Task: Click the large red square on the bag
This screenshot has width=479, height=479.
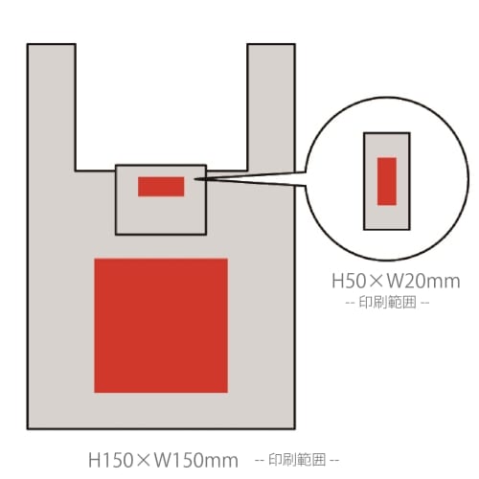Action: click(x=161, y=326)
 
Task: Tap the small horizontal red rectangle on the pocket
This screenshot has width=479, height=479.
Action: click(x=161, y=187)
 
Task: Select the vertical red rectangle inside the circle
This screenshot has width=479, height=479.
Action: click(x=387, y=181)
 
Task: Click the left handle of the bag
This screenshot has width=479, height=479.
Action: click(x=52, y=107)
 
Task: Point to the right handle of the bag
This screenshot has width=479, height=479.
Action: click(x=271, y=107)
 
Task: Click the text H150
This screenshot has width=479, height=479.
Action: click(x=110, y=460)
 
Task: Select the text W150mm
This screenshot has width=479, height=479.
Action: click(x=196, y=460)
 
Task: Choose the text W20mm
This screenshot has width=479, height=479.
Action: click(x=423, y=281)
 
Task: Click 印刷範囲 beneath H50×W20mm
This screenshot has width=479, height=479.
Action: click(x=388, y=302)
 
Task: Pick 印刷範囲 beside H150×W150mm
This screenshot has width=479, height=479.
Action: click(x=297, y=460)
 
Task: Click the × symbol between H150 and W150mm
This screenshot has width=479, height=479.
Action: click(x=144, y=461)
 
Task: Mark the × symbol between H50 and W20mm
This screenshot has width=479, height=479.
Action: click(x=376, y=282)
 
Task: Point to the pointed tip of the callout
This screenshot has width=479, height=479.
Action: click(x=194, y=179)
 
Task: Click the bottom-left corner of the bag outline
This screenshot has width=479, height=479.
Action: click(x=28, y=428)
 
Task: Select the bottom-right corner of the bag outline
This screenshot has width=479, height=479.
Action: click(x=295, y=428)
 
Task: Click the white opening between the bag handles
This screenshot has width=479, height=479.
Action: click(x=161, y=105)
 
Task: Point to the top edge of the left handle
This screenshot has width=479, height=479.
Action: click(x=52, y=44)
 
